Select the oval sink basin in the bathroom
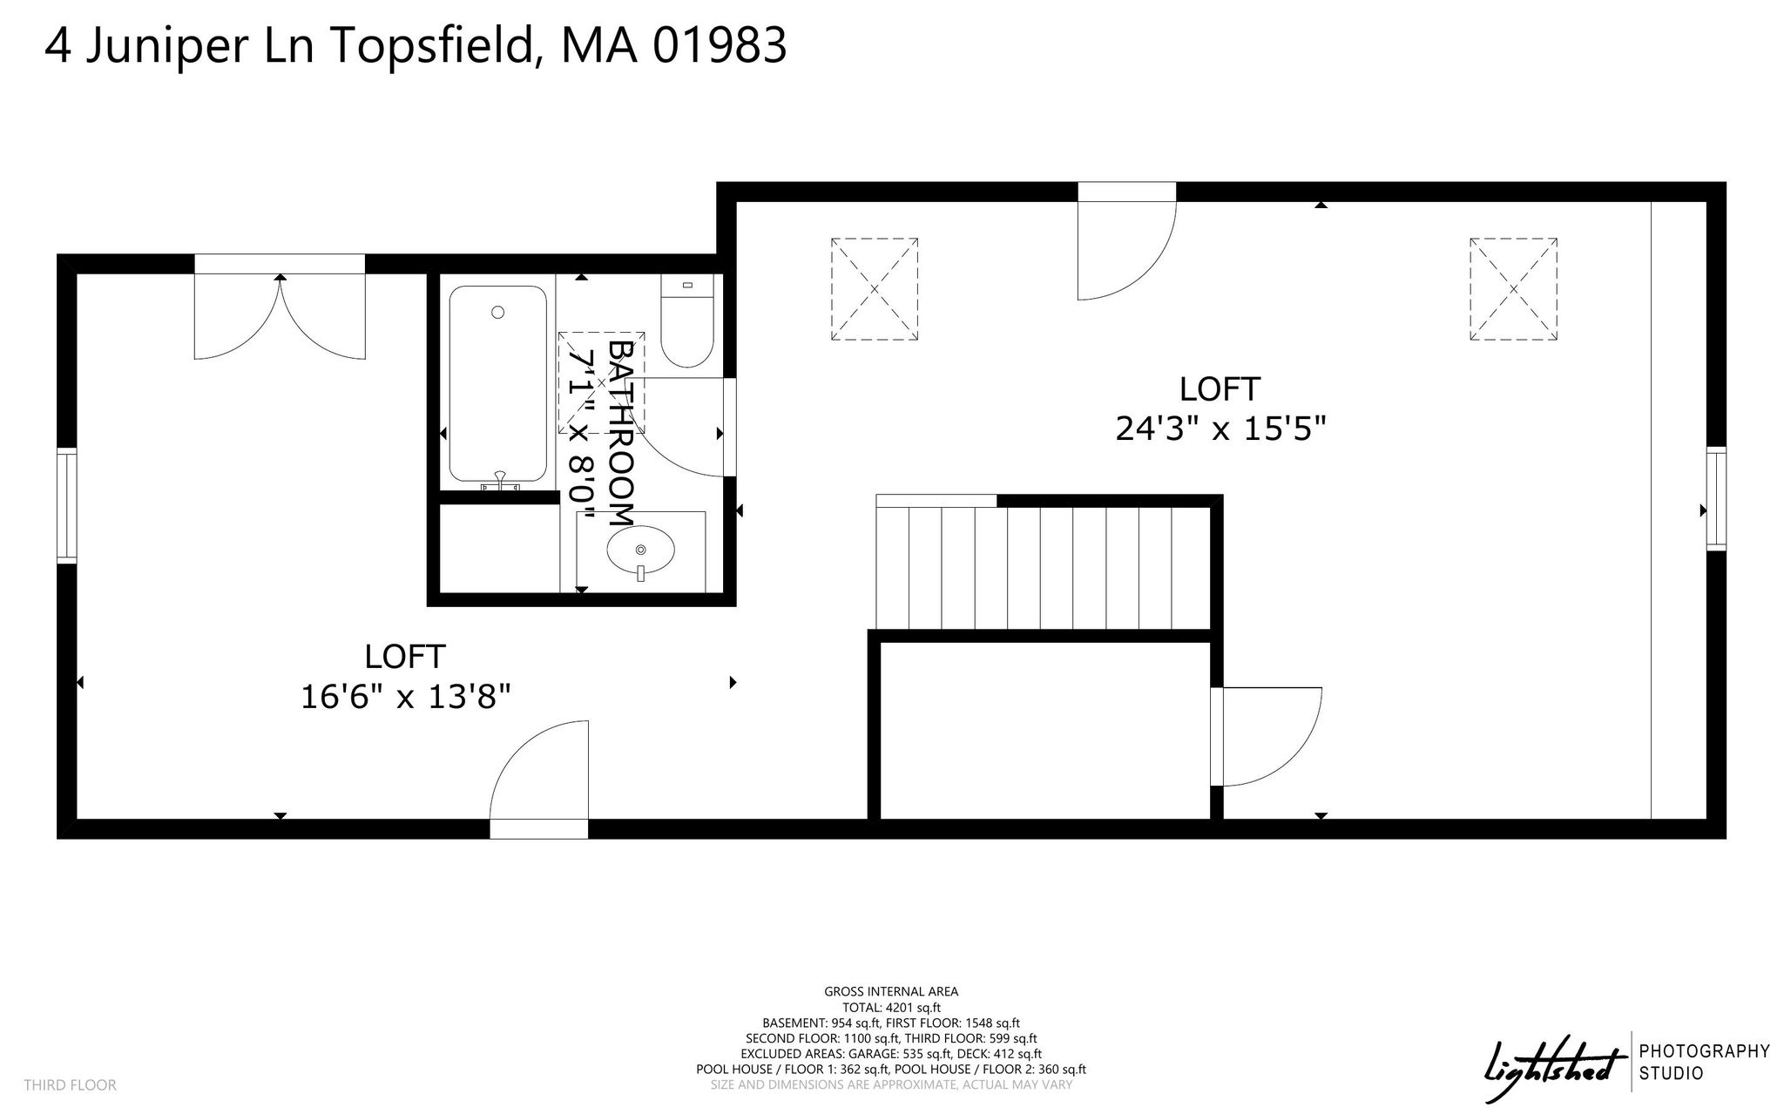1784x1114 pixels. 641,550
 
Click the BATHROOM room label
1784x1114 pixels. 619,432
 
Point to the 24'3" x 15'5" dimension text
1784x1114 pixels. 1220,428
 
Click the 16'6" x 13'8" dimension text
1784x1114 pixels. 405,696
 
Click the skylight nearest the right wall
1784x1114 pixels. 1513,289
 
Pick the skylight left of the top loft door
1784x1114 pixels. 874,289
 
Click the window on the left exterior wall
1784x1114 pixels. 67,505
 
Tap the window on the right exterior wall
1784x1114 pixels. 1716,498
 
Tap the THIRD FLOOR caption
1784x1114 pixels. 70,1085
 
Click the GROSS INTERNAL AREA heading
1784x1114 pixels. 891,991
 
